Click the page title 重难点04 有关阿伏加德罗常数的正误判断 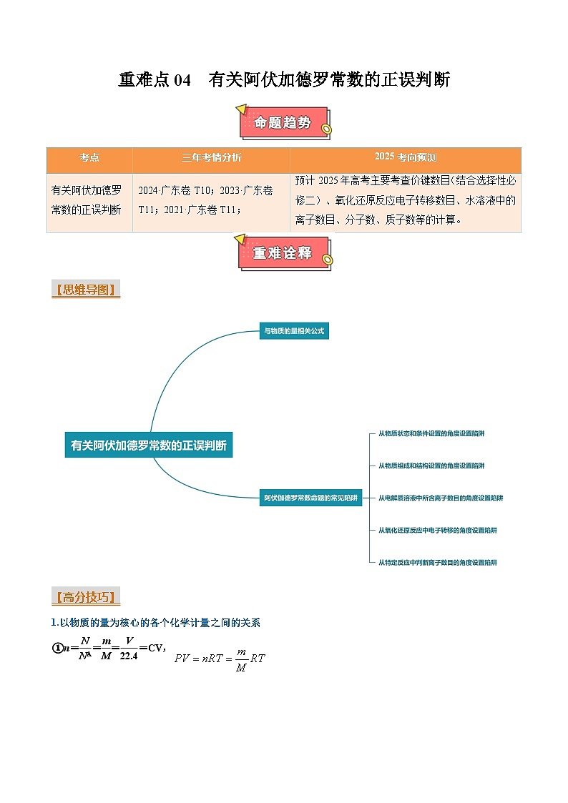click(284, 80)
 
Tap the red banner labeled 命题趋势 click(284, 123)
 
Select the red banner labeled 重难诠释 click(284, 253)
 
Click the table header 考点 click(89, 158)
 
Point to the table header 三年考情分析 click(211, 158)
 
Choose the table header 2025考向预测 click(405, 157)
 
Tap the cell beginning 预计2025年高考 click(405, 200)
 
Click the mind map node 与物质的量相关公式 click(294, 331)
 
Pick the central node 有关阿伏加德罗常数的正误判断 click(149, 445)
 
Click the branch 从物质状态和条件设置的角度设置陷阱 click(431, 433)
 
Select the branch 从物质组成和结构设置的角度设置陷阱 click(431, 465)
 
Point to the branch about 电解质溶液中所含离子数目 click(440, 498)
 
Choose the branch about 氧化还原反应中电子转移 click(437, 530)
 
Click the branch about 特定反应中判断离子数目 click(437, 562)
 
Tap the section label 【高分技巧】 click(86, 598)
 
